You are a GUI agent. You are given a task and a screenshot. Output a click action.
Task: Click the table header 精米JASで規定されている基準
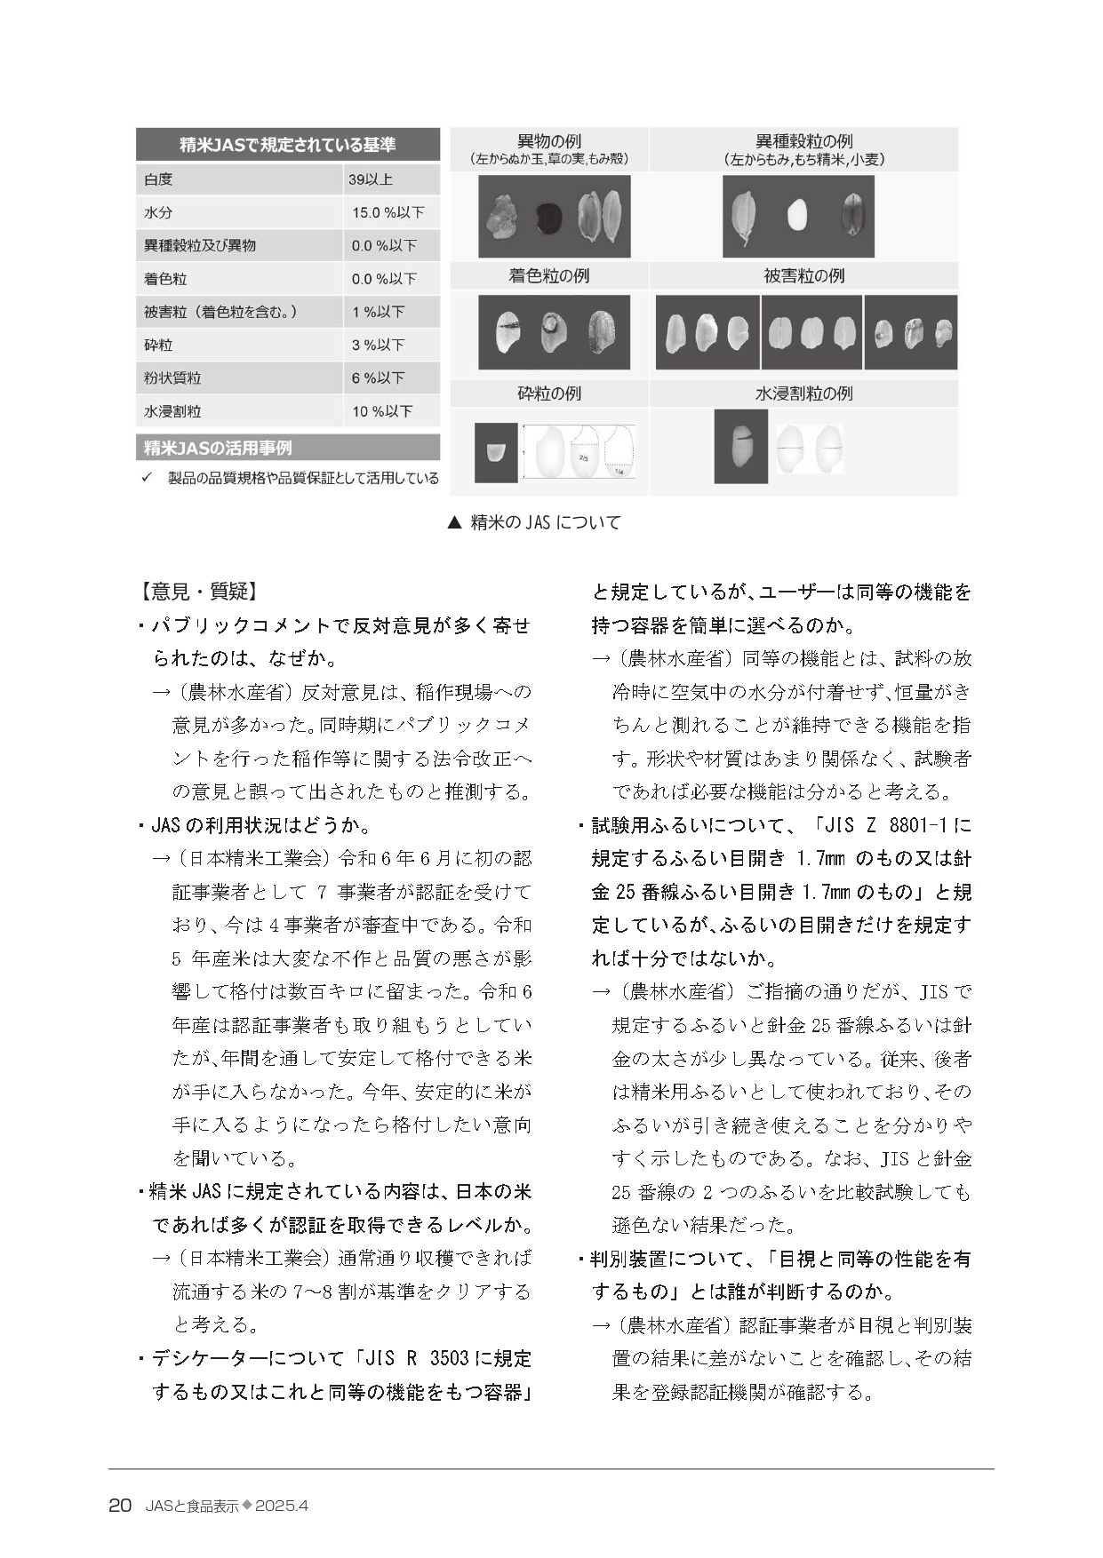point(287,144)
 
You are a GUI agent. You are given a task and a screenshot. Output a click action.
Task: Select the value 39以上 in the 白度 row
point(371,179)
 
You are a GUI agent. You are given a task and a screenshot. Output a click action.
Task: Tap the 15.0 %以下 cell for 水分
point(388,212)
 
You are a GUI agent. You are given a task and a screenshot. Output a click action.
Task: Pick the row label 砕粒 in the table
point(158,345)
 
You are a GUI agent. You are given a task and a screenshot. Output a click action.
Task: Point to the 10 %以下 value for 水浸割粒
point(382,411)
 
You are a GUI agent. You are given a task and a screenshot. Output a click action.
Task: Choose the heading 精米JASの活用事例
point(218,448)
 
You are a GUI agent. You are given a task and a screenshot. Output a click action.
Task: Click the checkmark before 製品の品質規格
point(148,478)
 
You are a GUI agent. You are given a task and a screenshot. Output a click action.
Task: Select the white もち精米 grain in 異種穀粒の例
point(797,215)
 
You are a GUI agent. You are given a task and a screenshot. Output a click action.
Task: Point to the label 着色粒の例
point(548,276)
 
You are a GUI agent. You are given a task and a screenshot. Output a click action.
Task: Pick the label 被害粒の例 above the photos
point(803,276)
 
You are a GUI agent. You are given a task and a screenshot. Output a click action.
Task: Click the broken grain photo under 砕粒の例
point(496,453)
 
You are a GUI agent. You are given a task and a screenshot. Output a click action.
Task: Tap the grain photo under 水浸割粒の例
point(740,446)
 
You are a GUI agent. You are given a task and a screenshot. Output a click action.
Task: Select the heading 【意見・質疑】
point(198,592)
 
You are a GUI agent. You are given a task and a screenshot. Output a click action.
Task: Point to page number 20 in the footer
point(120,1506)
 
